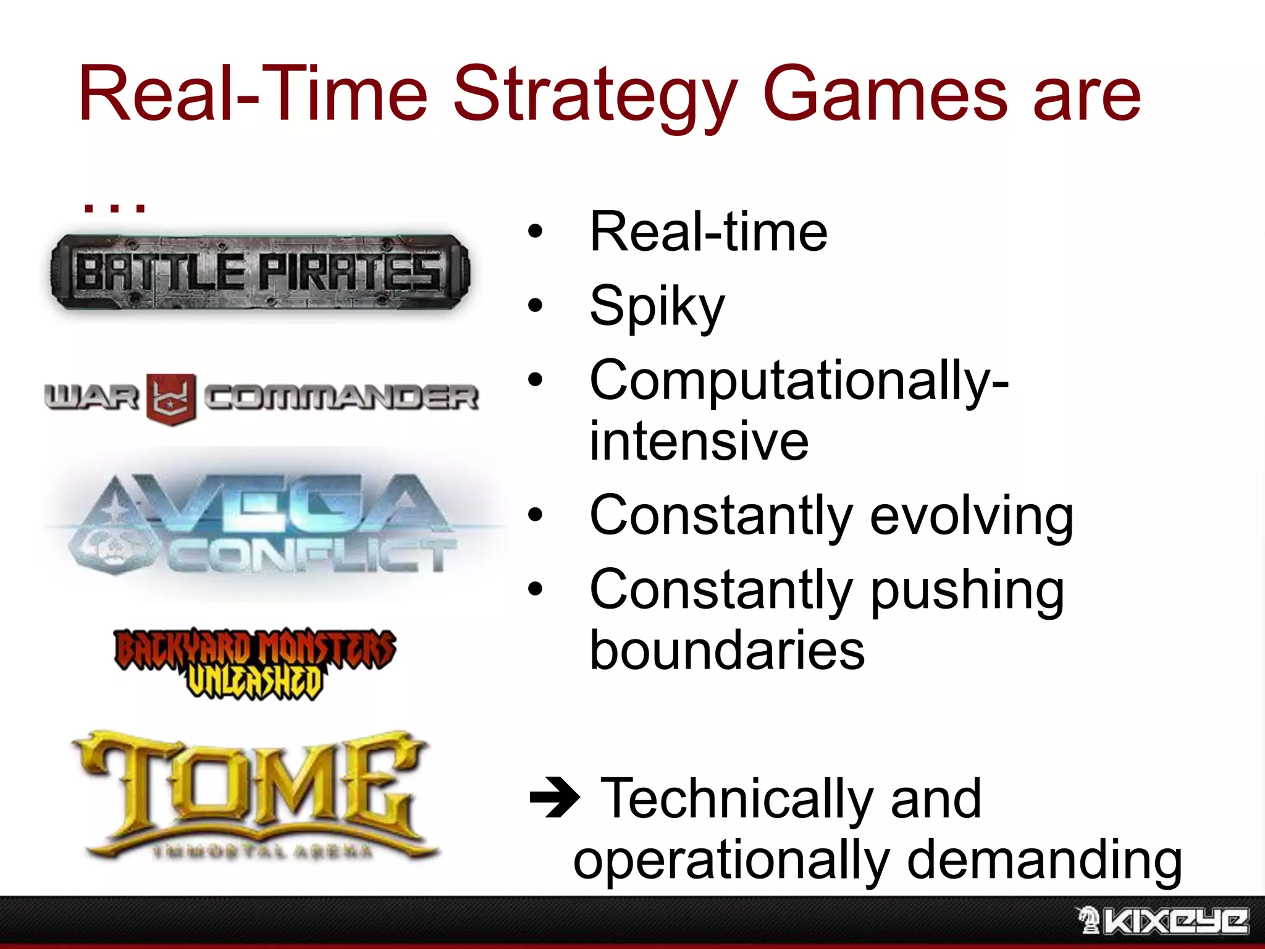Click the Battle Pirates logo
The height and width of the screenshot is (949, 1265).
(x=259, y=272)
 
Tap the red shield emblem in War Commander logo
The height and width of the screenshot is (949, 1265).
(x=171, y=399)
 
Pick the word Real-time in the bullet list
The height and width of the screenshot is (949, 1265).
(x=708, y=232)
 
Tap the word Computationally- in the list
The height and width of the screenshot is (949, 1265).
(x=799, y=381)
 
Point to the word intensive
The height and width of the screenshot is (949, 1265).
(x=699, y=441)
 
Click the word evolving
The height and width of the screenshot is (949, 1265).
(x=971, y=517)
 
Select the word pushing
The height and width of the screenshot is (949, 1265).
(x=967, y=591)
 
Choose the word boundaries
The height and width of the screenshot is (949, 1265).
(x=727, y=651)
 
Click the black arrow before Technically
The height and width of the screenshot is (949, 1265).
(x=554, y=798)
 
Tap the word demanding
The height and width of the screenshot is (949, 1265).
(x=1044, y=861)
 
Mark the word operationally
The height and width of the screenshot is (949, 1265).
(x=731, y=861)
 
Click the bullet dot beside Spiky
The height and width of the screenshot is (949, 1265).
(x=535, y=306)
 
